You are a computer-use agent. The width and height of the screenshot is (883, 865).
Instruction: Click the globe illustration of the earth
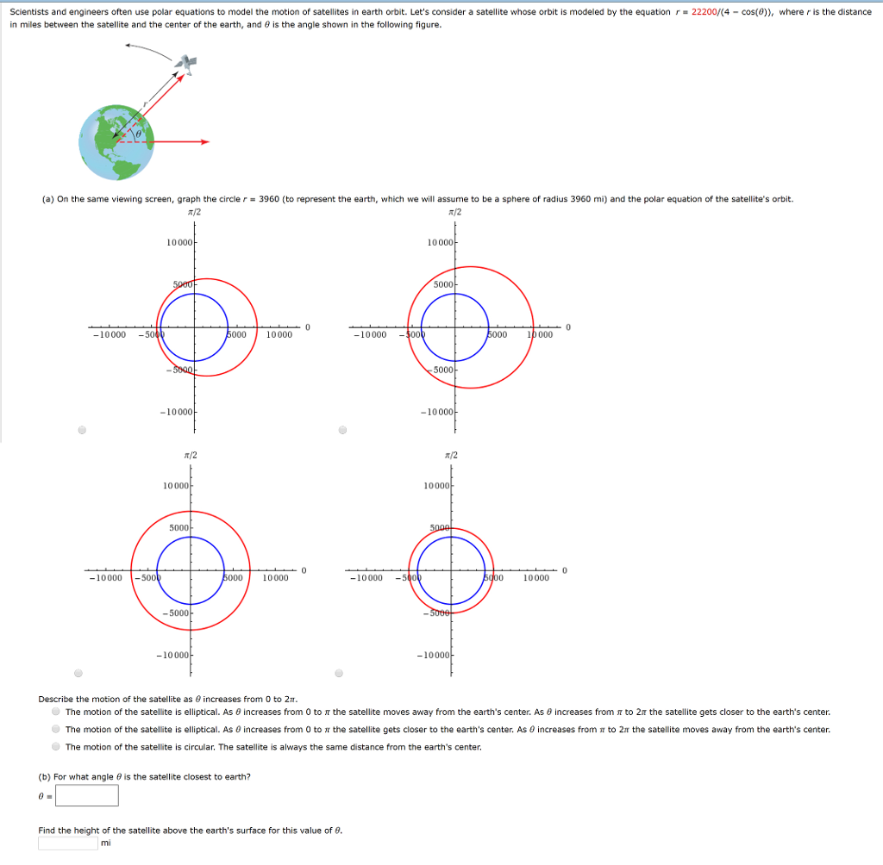coord(116,143)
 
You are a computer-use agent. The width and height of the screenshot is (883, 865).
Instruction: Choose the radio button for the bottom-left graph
coord(78,673)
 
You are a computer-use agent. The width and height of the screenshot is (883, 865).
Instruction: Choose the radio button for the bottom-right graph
coord(338,673)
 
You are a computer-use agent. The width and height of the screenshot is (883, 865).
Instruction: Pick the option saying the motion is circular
coord(56,747)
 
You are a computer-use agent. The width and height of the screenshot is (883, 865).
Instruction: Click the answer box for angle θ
coord(87,795)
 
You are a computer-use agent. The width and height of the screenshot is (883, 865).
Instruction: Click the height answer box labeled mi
coord(67,843)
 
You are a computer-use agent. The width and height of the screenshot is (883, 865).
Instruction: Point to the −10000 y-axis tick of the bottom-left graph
coord(173,656)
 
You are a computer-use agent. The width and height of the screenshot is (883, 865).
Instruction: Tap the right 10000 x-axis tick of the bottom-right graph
coord(535,578)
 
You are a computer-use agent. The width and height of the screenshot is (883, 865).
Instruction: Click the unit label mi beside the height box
coord(105,843)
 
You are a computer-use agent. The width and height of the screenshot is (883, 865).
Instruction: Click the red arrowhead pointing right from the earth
coord(205,141)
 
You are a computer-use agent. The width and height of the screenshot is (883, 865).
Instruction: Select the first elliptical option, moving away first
coord(56,713)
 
